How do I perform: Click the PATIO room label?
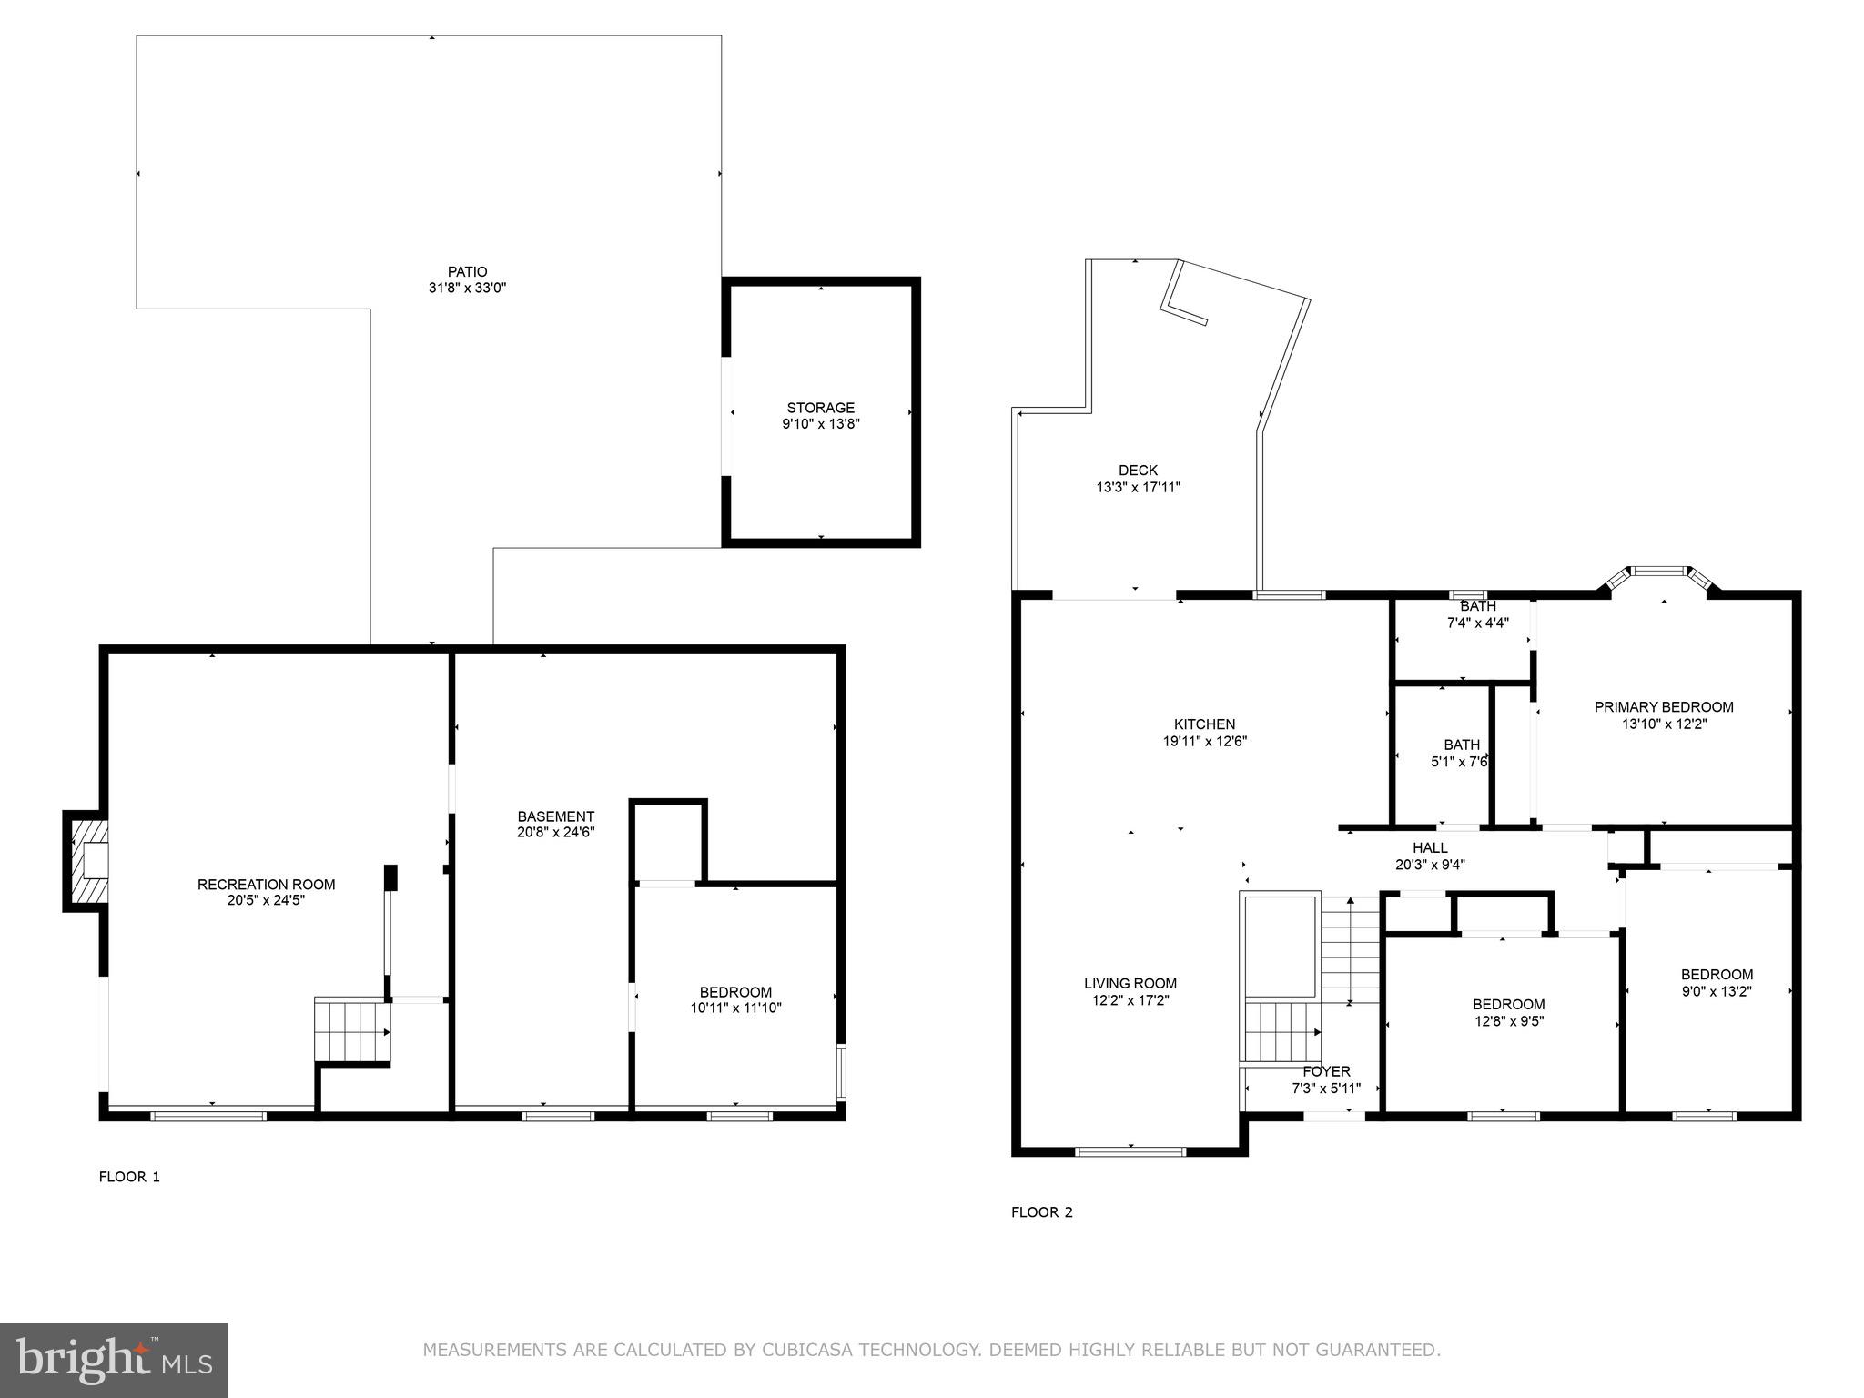(467, 271)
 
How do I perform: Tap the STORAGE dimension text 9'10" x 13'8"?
(820, 424)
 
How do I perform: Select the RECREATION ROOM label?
(266, 884)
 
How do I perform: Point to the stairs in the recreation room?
(351, 1031)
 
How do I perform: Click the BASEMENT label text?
(555, 816)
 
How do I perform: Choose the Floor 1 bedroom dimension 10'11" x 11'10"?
(735, 1008)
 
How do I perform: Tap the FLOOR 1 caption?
(129, 1177)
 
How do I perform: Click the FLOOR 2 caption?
(1041, 1212)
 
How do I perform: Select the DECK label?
(1138, 471)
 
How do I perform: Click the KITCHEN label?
(1204, 724)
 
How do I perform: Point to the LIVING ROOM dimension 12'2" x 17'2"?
(1130, 1000)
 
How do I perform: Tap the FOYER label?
(1325, 1071)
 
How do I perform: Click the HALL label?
(1430, 847)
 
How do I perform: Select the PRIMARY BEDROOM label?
(1663, 707)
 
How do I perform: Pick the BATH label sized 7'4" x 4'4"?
(1477, 606)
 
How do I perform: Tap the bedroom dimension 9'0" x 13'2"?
(1716, 991)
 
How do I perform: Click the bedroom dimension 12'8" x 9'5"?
(1508, 1021)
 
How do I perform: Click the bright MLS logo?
(114, 1360)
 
